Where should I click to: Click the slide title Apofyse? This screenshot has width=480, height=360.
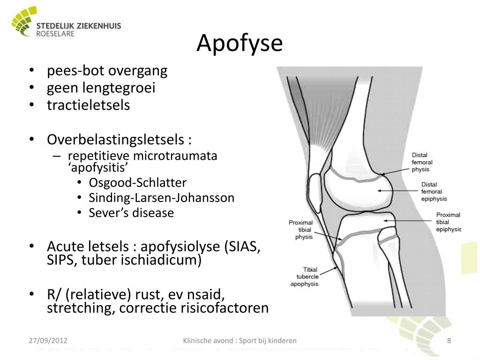(240, 43)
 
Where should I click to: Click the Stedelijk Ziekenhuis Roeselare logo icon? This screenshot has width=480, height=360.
(21, 24)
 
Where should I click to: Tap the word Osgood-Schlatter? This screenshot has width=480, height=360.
(138, 182)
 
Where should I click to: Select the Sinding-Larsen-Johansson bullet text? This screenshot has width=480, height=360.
(161, 198)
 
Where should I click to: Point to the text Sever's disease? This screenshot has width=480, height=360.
(131, 213)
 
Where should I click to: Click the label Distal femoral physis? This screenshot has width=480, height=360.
(420, 162)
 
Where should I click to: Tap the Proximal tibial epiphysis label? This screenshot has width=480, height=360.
(448, 222)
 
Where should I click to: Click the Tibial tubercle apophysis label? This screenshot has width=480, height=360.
(305, 277)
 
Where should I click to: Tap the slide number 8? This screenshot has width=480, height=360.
(449, 340)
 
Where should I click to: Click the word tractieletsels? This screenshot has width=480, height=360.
(88, 105)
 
